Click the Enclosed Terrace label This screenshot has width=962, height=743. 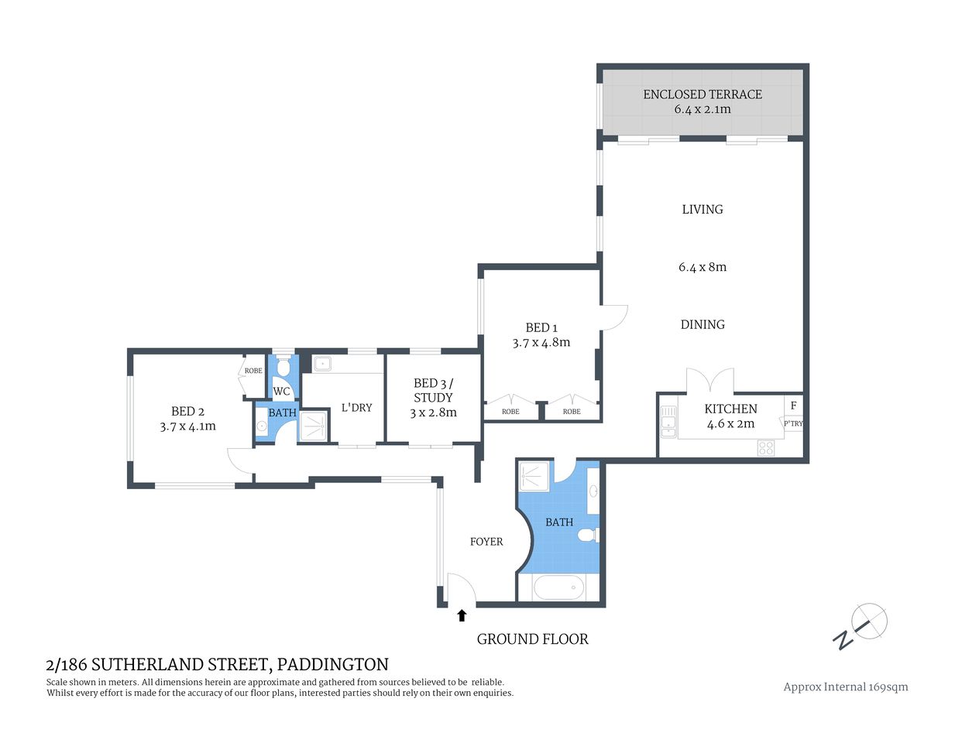click(x=702, y=94)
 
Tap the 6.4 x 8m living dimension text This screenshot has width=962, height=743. click(x=703, y=267)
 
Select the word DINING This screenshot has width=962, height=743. click(x=703, y=324)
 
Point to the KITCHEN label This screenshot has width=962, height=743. click(x=730, y=409)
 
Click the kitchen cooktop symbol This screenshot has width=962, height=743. click(x=765, y=447)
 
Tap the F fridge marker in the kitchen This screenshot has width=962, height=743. click(x=793, y=406)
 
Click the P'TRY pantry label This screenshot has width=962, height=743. click(x=793, y=423)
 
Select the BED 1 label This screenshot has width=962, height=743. click(x=541, y=327)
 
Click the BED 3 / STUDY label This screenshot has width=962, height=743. click(x=433, y=390)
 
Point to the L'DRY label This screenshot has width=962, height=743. click(x=356, y=407)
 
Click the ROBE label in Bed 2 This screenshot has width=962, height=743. click(x=253, y=371)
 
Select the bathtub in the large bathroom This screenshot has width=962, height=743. click(x=558, y=588)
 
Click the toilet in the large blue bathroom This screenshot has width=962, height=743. click(x=589, y=535)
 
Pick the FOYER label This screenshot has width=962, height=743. click(x=486, y=542)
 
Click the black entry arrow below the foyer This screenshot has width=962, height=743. click(x=462, y=615)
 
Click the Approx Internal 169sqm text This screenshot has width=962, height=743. click(x=845, y=687)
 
